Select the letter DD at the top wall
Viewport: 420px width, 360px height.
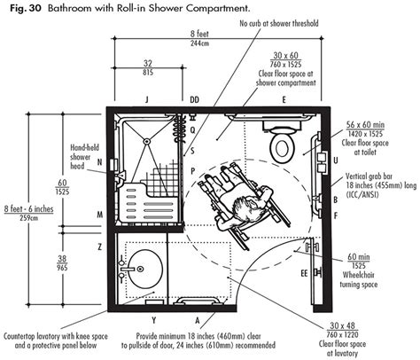click(194, 99)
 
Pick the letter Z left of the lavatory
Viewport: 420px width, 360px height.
click(100, 246)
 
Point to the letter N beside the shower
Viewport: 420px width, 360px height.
click(100, 161)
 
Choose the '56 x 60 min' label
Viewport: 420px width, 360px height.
click(377, 127)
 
